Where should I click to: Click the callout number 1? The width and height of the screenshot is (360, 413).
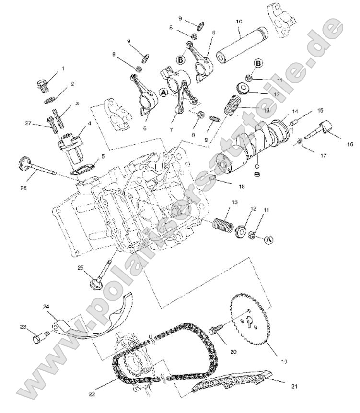(62, 69)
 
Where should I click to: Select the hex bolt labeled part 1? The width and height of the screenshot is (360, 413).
(41, 85)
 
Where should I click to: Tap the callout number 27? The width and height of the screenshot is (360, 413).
(28, 123)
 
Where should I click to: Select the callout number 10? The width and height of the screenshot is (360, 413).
(239, 22)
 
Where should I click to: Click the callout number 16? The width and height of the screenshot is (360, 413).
(350, 144)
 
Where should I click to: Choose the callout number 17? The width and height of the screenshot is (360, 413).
(323, 155)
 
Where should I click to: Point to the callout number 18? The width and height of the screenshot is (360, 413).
(241, 186)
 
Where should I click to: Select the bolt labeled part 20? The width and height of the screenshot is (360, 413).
(217, 331)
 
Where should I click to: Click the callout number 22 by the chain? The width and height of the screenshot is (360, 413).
(92, 394)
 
